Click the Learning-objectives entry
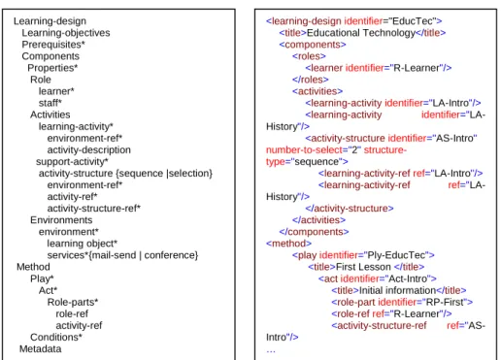(66, 33)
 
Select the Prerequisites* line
(53, 45)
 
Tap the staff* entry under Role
(50, 103)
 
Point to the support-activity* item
(72, 162)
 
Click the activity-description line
(89, 150)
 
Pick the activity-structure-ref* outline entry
(94, 209)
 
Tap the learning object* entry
(83, 244)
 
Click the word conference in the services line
(169, 255)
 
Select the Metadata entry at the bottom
(41, 349)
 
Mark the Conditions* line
(56, 338)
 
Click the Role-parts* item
(73, 302)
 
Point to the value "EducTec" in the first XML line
(413, 21)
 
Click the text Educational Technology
(361, 33)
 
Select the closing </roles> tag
(311, 80)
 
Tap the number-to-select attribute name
(304, 150)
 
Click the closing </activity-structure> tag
(350, 209)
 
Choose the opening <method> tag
(288, 244)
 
